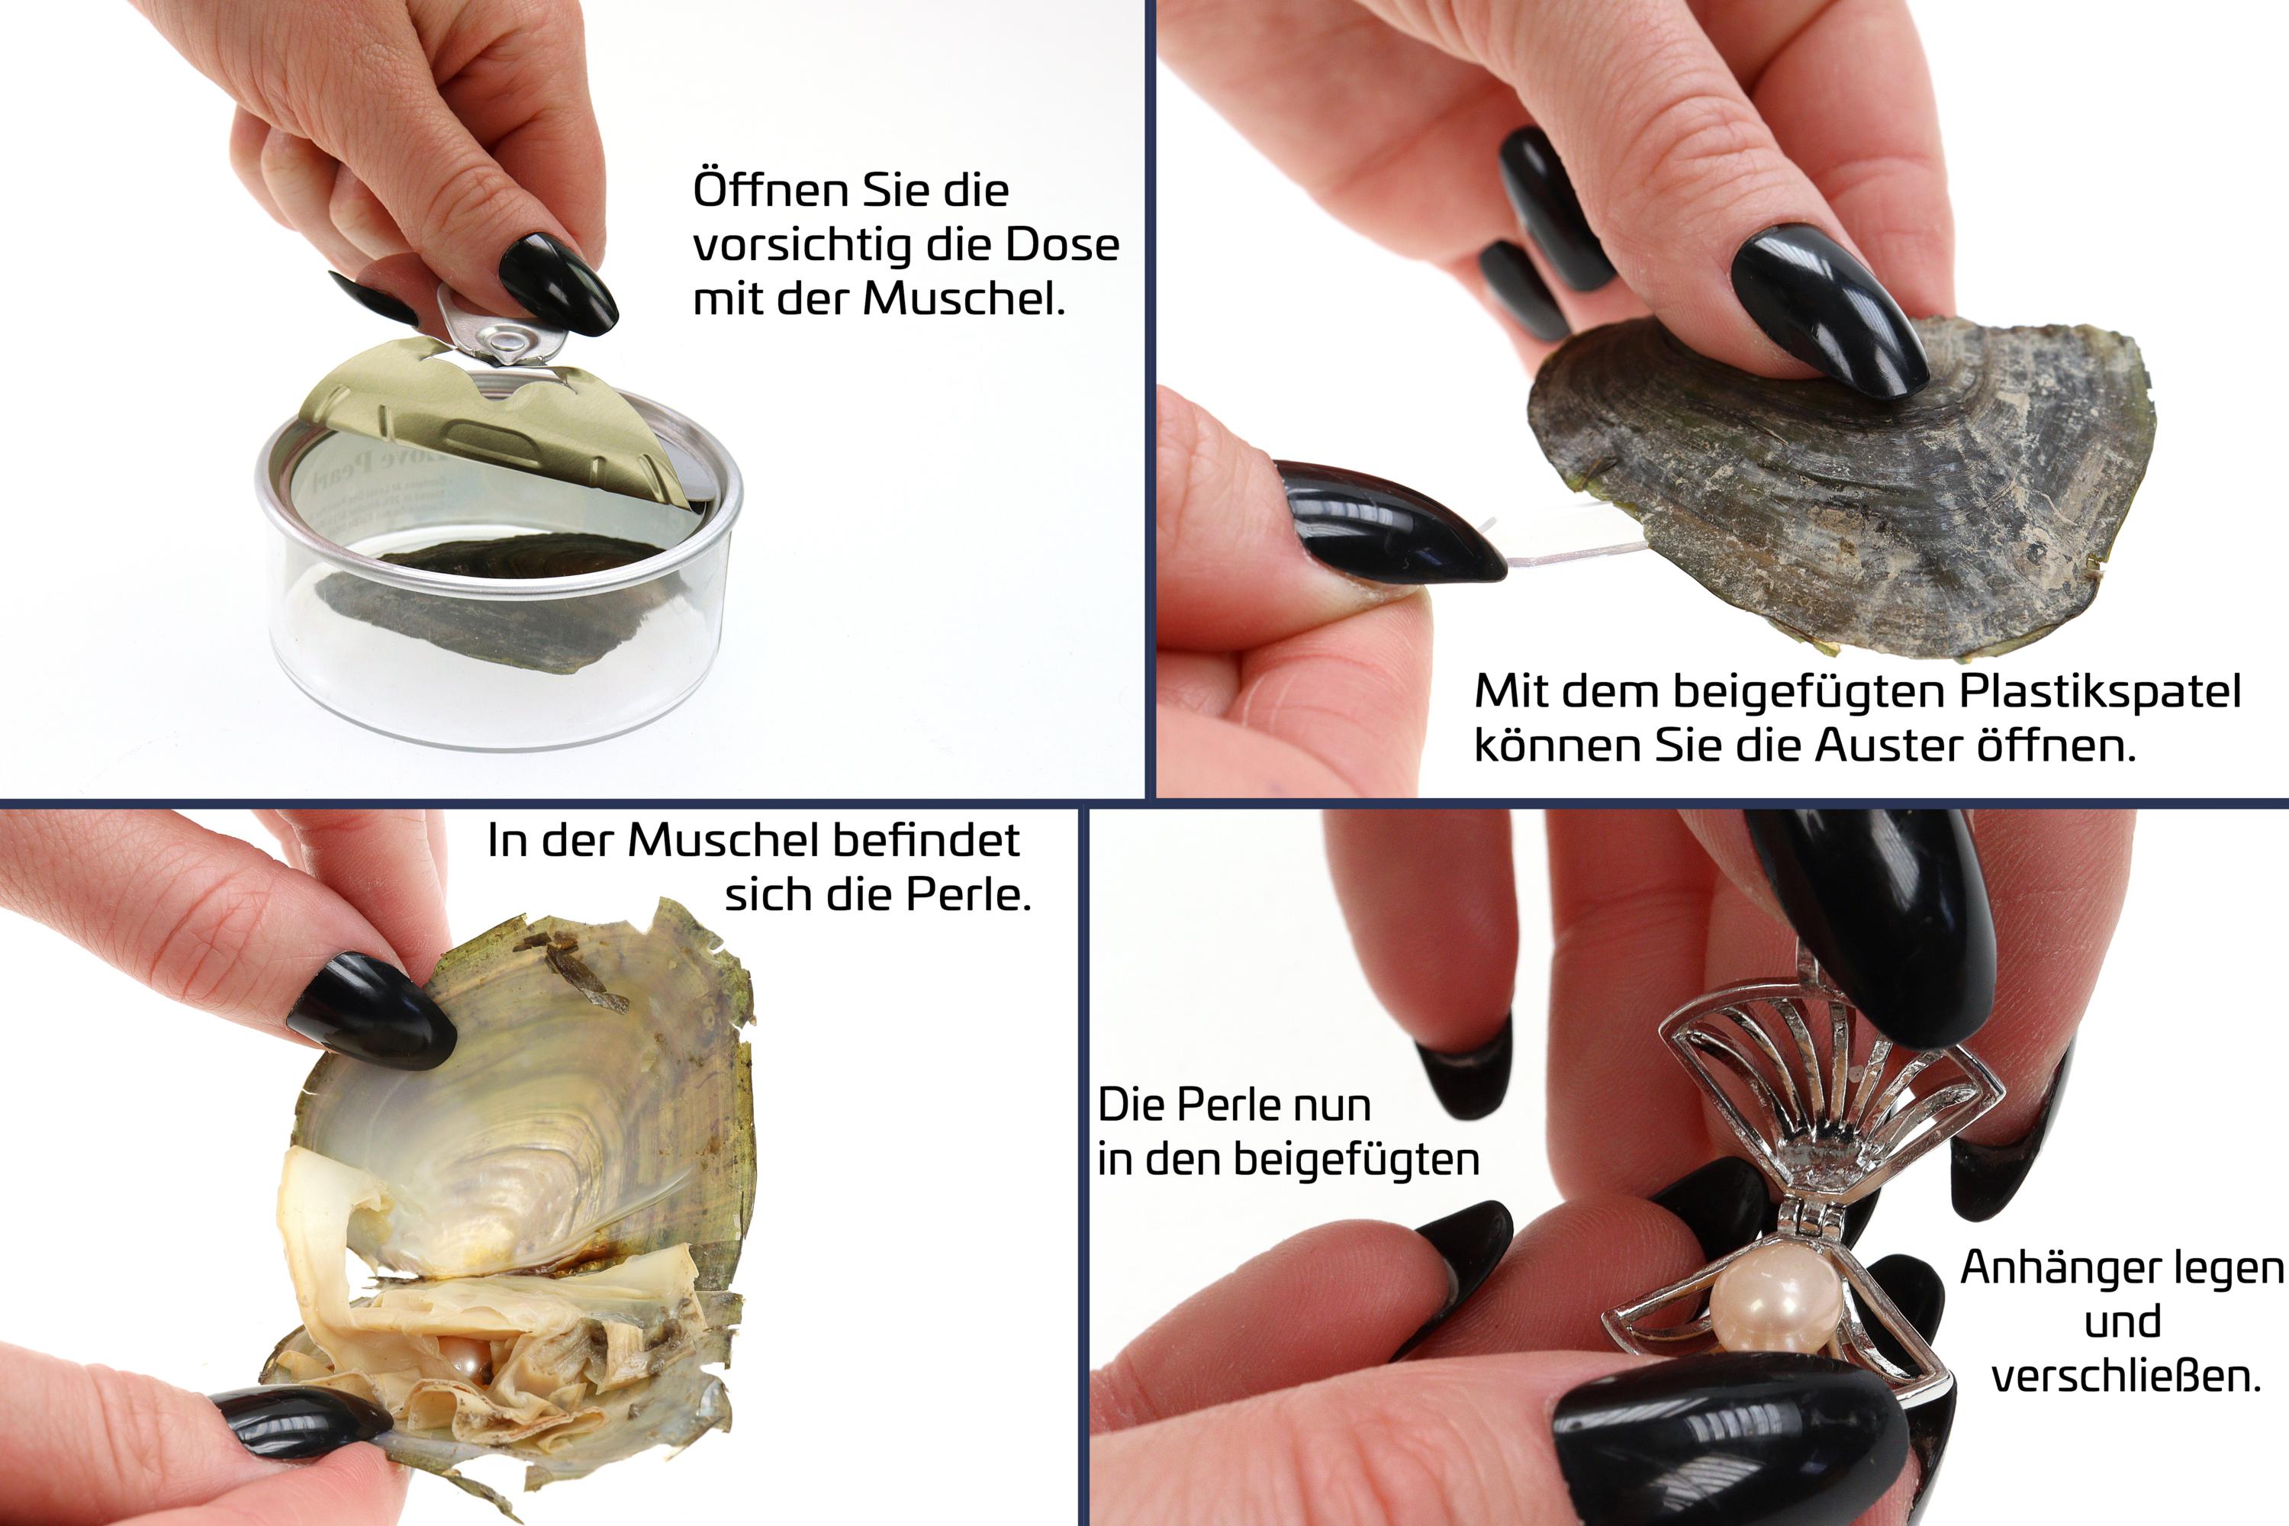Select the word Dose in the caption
1062,244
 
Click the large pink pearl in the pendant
1776,1301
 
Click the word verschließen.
2126,1377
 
